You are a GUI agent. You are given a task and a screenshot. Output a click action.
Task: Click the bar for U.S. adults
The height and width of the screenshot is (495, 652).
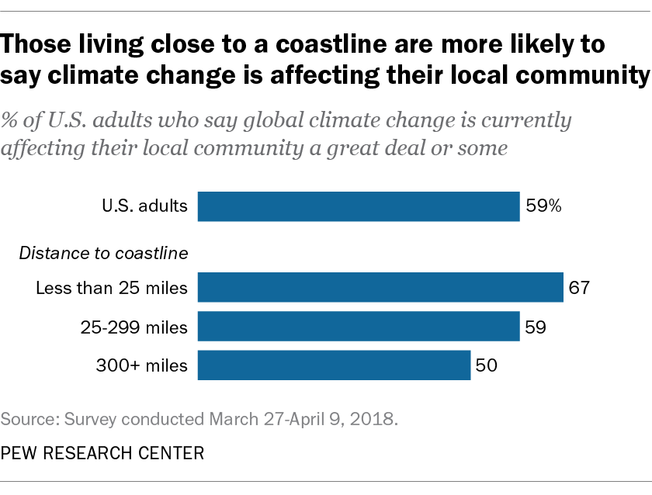pos(359,206)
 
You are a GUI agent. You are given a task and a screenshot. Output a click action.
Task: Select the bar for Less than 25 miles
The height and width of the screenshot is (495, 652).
pos(380,287)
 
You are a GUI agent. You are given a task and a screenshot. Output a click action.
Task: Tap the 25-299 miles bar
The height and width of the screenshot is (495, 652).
pos(359,327)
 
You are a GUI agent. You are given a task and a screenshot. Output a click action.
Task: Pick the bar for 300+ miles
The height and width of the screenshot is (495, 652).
pos(334,365)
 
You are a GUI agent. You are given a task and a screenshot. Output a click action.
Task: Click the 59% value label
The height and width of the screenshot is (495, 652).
pos(543,206)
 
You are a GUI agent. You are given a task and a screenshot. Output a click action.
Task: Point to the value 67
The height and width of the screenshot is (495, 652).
pos(580,288)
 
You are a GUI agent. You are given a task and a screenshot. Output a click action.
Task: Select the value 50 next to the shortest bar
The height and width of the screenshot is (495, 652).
pos(487,365)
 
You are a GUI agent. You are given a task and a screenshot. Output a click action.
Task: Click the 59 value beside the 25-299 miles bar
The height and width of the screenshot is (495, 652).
pos(536,327)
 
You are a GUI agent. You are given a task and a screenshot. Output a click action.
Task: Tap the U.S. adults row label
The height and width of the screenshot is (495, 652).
pos(144,206)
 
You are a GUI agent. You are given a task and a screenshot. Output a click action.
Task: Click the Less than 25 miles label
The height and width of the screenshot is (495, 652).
pos(112,288)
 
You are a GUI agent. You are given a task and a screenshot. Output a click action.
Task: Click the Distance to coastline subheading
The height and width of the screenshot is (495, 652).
pos(105,252)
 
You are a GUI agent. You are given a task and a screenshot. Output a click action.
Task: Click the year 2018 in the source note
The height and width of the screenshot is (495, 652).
pos(376,420)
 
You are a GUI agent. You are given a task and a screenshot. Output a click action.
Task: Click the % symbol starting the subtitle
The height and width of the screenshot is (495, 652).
pos(12,122)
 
